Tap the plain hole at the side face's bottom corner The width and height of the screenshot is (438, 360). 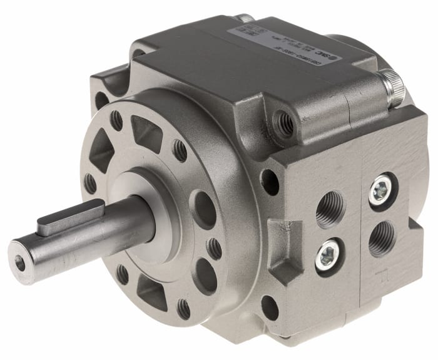[x=270, y=307]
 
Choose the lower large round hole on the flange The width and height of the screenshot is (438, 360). [x=203, y=272]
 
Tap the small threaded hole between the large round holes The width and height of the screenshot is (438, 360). [x=214, y=248]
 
